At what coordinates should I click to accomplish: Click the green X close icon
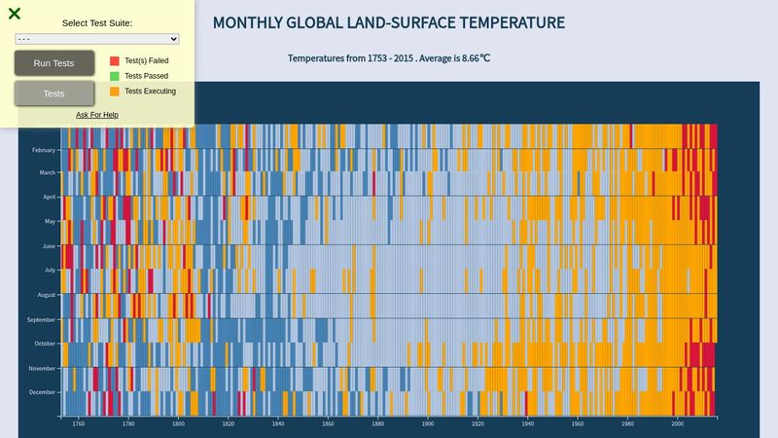pyautogui.click(x=15, y=14)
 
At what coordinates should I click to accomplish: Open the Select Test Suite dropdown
pyautogui.click(x=97, y=39)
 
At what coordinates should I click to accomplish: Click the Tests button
pyautogui.click(x=54, y=93)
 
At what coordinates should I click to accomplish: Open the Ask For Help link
pyautogui.click(x=97, y=115)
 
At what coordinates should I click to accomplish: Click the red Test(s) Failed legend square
pyautogui.click(x=115, y=60)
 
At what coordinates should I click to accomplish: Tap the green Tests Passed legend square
pyautogui.click(x=115, y=76)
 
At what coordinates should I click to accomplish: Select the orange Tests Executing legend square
pyautogui.click(x=115, y=91)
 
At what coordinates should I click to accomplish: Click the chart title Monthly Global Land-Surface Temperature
pyautogui.click(x=388, y=22)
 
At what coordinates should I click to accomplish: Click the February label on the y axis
pyautogui.click(x=44, y=150)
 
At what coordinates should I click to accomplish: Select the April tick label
pyautogui.click(x=49, y=197)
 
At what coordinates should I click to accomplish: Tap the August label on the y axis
pyautogui.click(x=47, y=294)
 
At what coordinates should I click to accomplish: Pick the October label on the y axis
pyautogui.click(x=46, y=344)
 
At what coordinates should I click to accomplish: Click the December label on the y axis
pyautogui.click(x=43, y=392)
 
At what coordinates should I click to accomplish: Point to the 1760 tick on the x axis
pyautogui.click(x=79, y=424)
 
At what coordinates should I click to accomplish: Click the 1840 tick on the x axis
pyautogui.click(x=278, y=424)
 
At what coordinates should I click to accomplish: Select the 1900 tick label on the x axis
pyautogui.click(x=428, y=424)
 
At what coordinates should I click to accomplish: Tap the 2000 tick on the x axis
pyautogui.click(x=678, y=424)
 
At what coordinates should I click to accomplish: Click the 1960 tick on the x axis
pyautogui.click(x=578, y=424)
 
